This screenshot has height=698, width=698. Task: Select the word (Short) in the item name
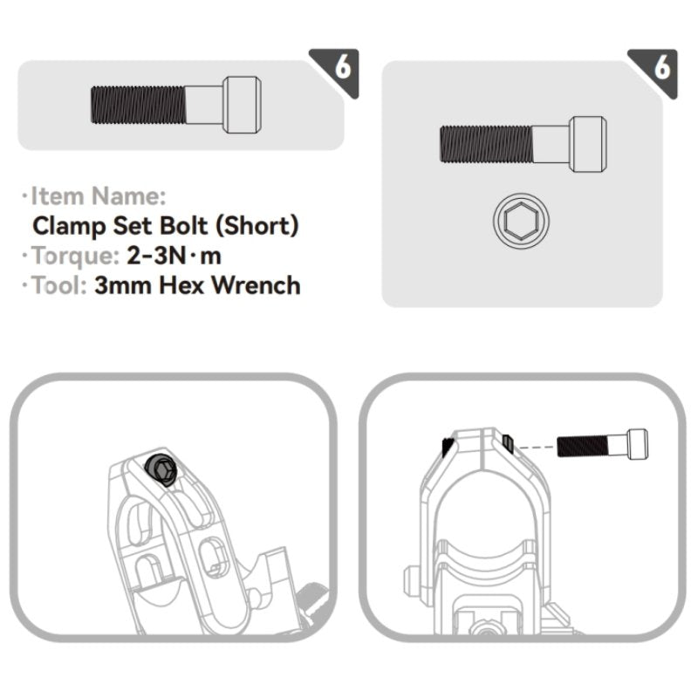[x=257, y=226]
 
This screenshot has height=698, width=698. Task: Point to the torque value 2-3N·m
[x=174, y=256]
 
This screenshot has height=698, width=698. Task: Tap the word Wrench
[x=256, y=285]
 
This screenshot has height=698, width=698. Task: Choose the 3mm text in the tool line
[x=123, y=285]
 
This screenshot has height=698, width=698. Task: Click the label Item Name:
[x=98, y=195]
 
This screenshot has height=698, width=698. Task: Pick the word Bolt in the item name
[x=183, y=226]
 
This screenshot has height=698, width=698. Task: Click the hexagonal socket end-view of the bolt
[x=521, y=221]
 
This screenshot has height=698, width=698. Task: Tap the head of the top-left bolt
[x=242, y=105]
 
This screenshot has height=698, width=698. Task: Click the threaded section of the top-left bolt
[x=138, y=105]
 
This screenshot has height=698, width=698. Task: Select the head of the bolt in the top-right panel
[x=588, y=144]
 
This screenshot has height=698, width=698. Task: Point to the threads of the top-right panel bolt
[x=486, y=144]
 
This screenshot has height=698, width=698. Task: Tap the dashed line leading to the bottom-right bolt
[x=536, y=447]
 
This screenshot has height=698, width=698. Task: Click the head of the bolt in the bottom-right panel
[x=638, y=444]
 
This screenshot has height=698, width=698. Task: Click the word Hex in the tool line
[x=181, y=285]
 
